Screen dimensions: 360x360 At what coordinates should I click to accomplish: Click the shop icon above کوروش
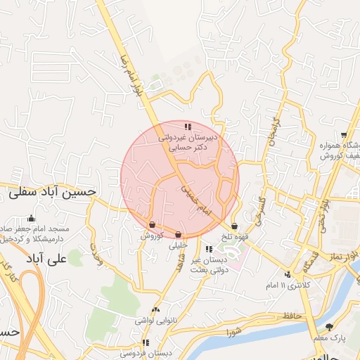[152, 226]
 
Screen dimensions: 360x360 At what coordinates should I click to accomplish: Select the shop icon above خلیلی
[178, 235]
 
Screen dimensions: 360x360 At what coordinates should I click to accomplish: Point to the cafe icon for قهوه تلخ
[234, 226]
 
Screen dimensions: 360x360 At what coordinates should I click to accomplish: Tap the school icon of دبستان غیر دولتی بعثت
[208, 249]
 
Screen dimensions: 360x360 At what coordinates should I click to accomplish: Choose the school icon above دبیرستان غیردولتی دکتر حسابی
[187, 127]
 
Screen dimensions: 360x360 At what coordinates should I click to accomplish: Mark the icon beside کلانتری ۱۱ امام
[287, 274]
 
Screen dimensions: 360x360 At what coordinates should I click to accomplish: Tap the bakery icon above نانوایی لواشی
[155, 309]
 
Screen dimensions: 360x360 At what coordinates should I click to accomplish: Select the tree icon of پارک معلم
[329, 327]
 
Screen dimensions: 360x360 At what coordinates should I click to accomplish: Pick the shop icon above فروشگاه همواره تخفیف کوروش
[343, 135]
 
